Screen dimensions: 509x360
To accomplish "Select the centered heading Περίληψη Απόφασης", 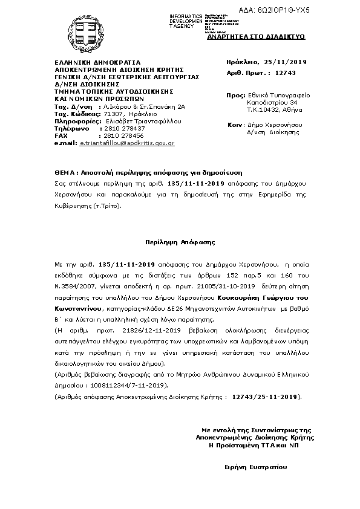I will [180, 241].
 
